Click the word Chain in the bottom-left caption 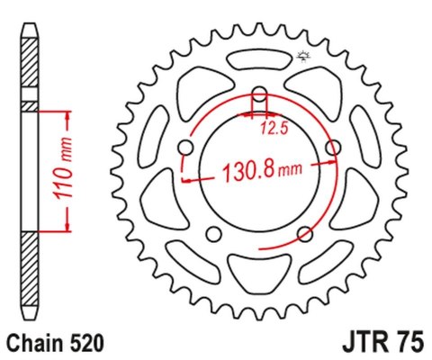click(33, 343)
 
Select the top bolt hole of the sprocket click(260, 94)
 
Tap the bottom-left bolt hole click(214, 233)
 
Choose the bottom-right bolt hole click(305, 233)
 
